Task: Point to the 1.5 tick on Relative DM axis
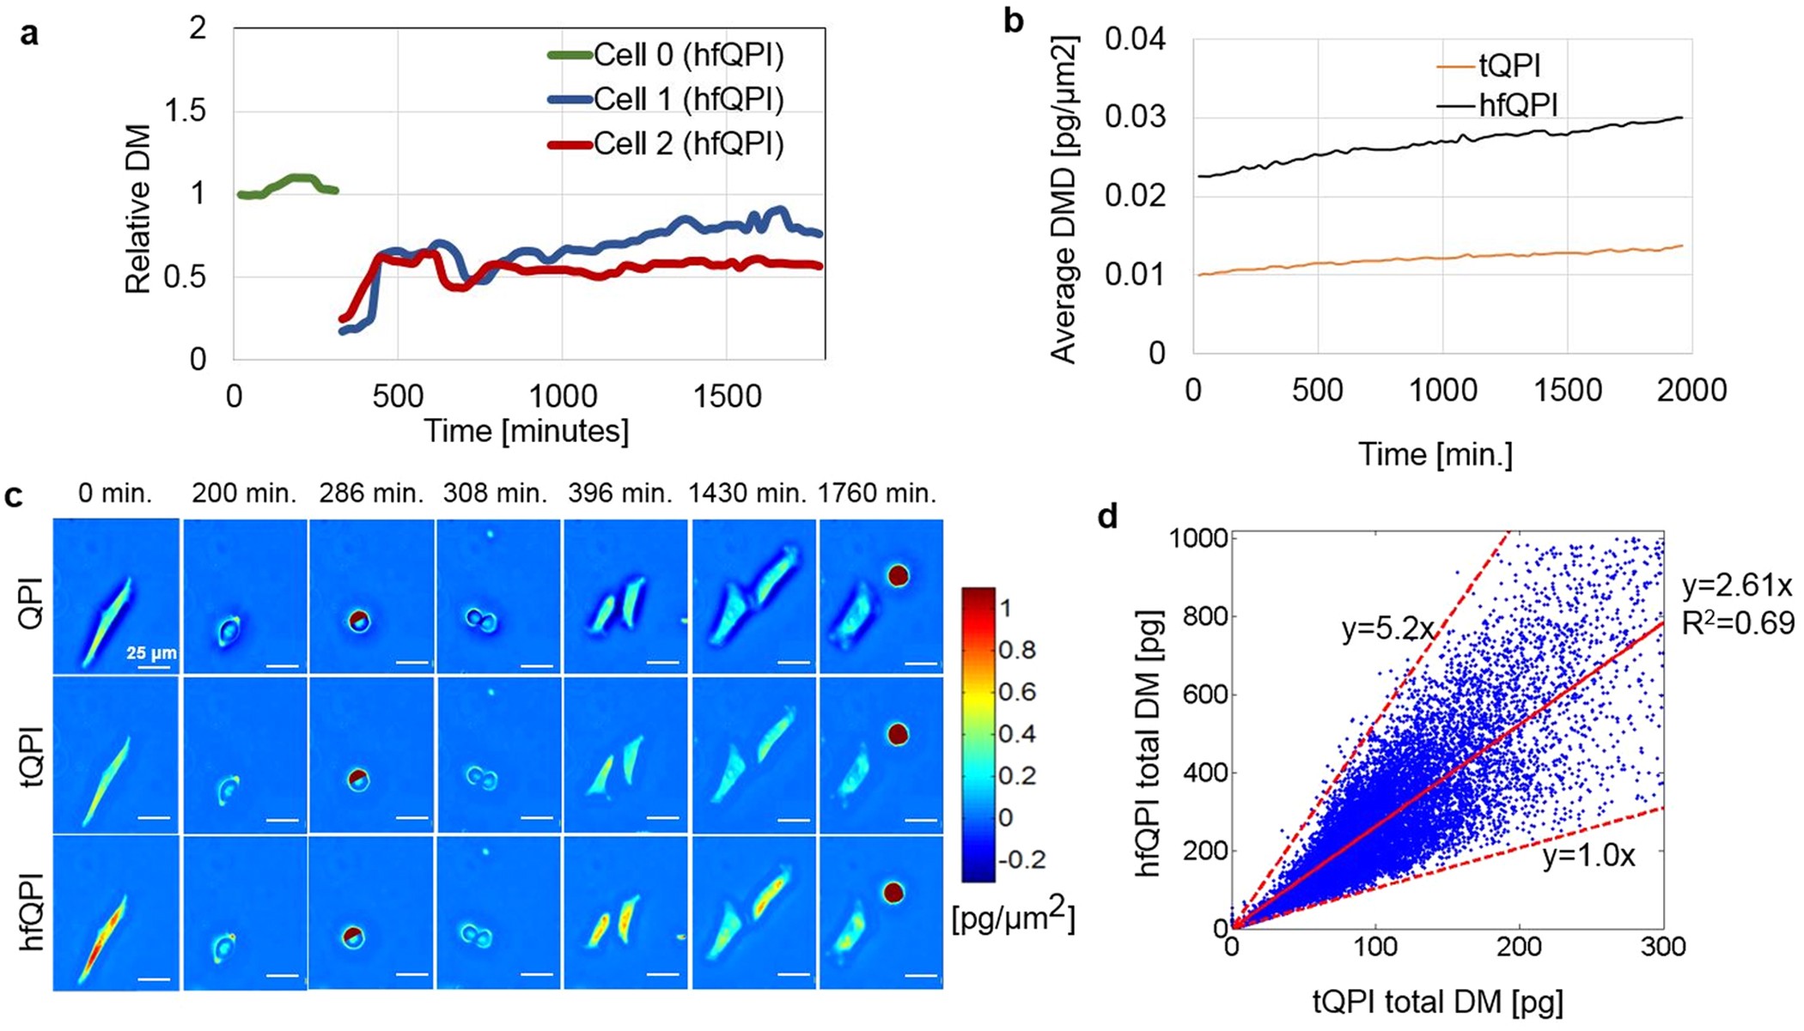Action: click(185, 111)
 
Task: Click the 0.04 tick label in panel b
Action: click(1135, 39)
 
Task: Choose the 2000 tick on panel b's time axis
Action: click(1691, 391)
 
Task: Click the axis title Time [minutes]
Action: click(526, 431)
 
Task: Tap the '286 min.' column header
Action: click(371, 494)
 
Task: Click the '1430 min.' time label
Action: click(747, 494)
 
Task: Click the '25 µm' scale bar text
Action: click(151, 653)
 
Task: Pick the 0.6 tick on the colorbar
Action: click(1017, 692)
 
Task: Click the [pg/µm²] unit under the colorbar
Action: click(1014, 919)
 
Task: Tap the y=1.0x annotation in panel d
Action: click(1588, 856)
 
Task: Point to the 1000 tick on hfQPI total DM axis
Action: click(1199, 538)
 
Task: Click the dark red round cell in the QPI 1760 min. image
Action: click(899, 575)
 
